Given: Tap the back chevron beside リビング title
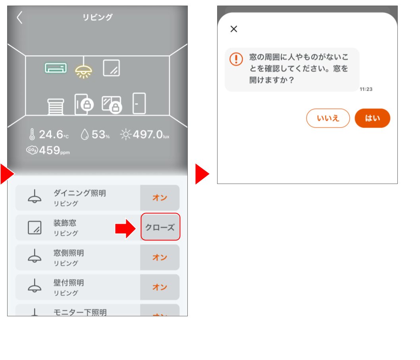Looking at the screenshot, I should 19,17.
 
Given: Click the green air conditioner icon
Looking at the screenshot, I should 56,68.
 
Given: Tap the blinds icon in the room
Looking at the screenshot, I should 56,106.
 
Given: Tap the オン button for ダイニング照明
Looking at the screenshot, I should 160,198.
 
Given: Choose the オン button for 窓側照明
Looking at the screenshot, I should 160,257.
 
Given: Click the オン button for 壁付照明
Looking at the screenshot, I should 160,287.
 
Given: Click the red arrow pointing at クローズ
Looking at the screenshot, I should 126,228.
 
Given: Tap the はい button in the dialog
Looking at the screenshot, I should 372,118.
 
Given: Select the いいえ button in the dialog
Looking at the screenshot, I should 328,118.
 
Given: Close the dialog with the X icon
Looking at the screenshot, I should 234,29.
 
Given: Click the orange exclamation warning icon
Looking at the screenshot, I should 236,59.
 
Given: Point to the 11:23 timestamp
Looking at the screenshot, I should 366,89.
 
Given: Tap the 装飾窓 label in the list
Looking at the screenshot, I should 65,223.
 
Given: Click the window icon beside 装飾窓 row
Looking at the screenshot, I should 35,228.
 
